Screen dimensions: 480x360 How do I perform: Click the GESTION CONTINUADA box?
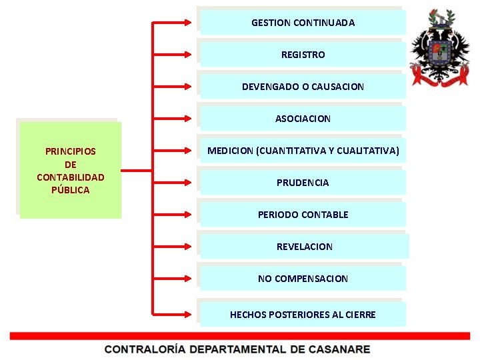(303, 22)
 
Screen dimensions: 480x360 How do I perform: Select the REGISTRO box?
(303, 54)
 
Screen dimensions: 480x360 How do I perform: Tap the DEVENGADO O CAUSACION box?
(303, 86)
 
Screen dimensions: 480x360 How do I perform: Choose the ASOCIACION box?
(303, 118)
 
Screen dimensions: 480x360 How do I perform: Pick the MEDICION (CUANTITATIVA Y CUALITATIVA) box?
(303, 151)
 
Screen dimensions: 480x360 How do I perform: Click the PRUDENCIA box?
(303, 182)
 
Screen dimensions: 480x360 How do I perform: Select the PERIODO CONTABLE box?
(303, 214)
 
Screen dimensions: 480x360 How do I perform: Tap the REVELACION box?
(304, 246)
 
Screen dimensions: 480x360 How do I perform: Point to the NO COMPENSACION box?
(303, 278)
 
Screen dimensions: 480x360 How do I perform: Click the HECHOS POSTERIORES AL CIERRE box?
(303, 314)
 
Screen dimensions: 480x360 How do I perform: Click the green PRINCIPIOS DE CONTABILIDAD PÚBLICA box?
(70, 170)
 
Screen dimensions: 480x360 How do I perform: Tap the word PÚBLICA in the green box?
(70, 190)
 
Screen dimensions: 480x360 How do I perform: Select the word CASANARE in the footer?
(337, 349)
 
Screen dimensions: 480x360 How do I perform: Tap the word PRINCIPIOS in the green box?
(70, 151)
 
